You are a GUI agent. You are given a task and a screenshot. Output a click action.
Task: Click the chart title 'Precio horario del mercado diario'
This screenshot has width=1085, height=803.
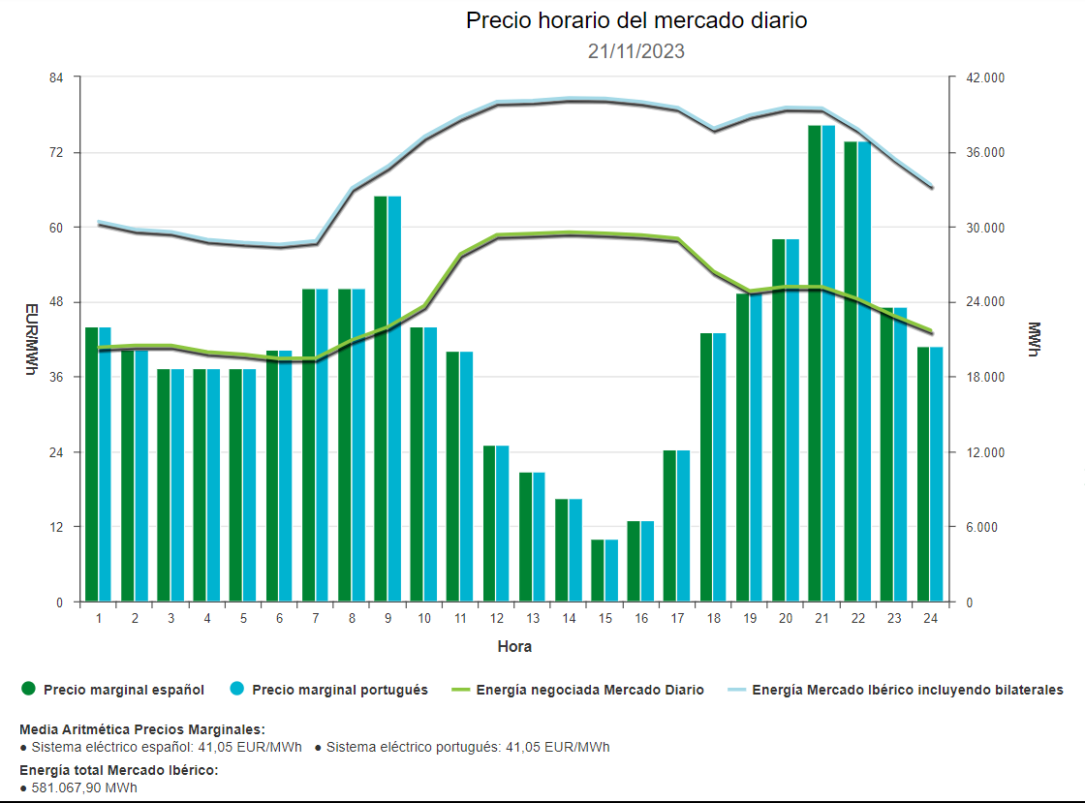[x=636, y=21]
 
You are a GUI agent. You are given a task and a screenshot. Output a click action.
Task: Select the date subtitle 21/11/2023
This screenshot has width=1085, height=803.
[x=636, y=51]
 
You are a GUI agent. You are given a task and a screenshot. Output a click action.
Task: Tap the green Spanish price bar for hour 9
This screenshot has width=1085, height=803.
[x=381, y=399]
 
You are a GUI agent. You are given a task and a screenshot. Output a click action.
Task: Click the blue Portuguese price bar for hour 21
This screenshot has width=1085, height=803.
[x=828, y=363]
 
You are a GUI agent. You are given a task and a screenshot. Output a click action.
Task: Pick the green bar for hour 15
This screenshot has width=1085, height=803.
[x=598, y=571]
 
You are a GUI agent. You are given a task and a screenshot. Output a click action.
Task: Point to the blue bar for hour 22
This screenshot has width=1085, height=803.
[x=864, y=372]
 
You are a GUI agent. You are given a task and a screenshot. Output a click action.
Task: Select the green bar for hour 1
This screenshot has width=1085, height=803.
[x=92, y=465]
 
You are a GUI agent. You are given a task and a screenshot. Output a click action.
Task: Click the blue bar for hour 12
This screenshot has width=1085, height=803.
[x=503, y=524]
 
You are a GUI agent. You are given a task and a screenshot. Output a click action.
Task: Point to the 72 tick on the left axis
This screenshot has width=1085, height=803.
[x=57, y=153]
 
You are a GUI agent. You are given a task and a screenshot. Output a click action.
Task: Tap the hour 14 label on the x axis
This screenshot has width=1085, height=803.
[x=569, y=619]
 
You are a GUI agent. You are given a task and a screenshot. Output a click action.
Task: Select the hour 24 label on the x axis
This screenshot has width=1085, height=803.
[x=930, y=619]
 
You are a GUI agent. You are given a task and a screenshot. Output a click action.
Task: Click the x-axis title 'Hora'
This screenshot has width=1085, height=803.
[x=514, y=646]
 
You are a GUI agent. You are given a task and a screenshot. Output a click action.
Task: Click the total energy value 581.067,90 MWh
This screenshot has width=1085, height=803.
[x=84, y=788]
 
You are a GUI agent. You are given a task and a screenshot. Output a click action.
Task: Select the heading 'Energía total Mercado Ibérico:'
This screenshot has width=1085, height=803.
[x=119, y=770]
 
